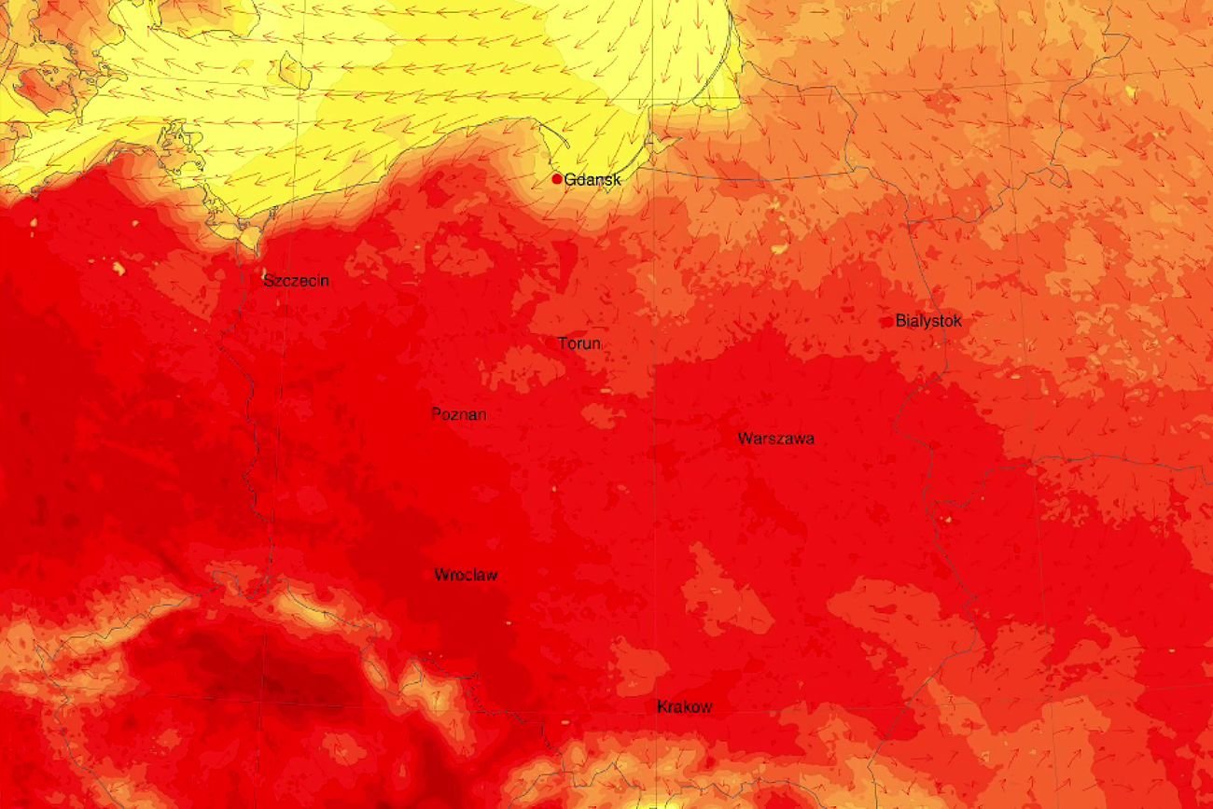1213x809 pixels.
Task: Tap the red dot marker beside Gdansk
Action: [557, 179]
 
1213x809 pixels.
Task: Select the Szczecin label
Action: [296, 280]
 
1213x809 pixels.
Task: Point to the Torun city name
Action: [579, 343]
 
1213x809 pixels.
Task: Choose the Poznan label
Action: [459, 414]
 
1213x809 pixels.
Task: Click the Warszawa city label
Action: [775, 438]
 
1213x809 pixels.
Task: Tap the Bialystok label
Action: [928, 321]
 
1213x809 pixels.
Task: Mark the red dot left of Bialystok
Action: [887, 322]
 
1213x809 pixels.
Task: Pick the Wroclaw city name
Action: [466, 575]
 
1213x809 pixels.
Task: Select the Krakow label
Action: [685, 707]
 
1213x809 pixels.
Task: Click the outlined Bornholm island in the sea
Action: [295, 70]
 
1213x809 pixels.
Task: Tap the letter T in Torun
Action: [563, 343]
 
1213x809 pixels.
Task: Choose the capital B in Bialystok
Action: [900, 321]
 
